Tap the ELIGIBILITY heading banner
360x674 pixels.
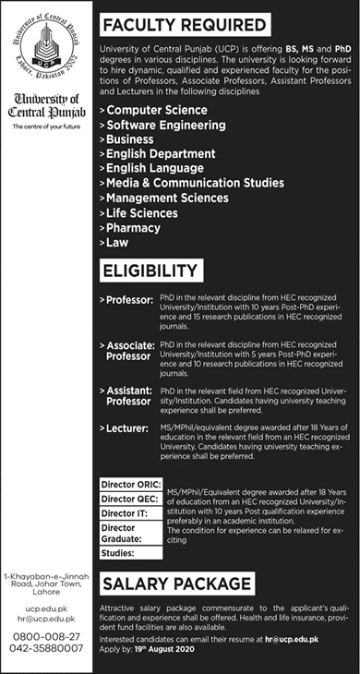click(x=152, y=271)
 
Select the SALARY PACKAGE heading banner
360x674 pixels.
click(x=178, y=584)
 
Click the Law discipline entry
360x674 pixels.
click(x=118, y=243)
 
